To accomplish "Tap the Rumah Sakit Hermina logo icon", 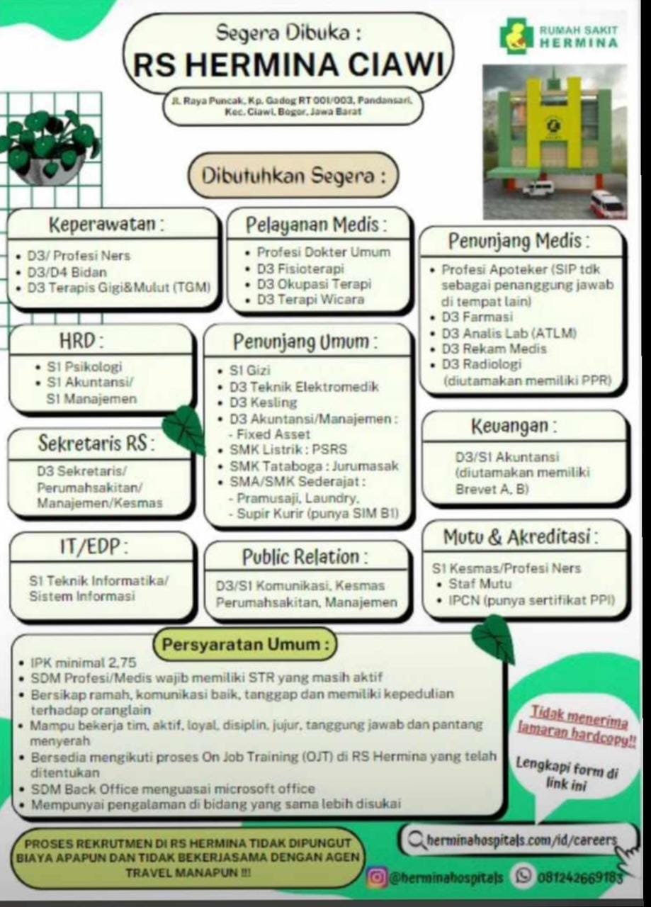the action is pyautogui.click(x=516, y=35).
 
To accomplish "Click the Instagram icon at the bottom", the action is pyautogui.click(x=377, y=877).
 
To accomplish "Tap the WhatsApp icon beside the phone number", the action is pyautogui.click(x=523, y=875).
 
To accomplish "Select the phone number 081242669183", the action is pyautogui.click(x=579, y=877).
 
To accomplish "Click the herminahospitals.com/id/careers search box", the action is pyautogui.click(x=519, y=840).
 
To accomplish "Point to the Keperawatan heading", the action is pyautogui.click(x=107, y=224).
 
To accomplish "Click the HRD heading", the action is pyautogui.click(x=81, y=341).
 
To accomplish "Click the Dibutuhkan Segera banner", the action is pyautogui.click(x=293, y=175).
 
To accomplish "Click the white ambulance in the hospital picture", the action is pyautogui.click(x=537, y=189).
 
